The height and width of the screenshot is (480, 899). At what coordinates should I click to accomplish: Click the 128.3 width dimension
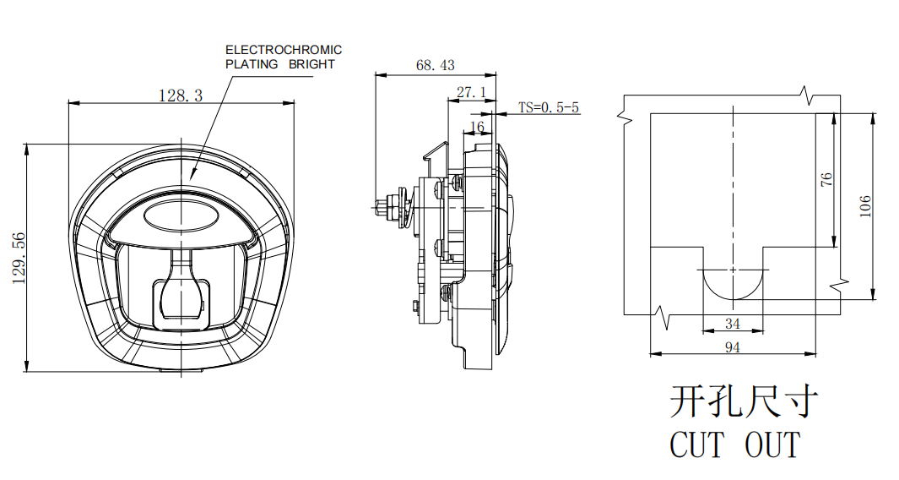(x=181, y=95)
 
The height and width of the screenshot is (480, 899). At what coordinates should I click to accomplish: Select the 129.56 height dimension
(x=19, y=259)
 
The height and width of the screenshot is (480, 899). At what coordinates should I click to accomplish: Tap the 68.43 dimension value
(x=435, y=65)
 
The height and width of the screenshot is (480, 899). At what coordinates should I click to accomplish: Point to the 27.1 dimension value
(x=471, y=91)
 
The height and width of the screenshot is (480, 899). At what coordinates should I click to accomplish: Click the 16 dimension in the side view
(x=477, y=127)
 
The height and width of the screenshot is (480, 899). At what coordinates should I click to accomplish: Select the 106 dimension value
(x=864, y=206)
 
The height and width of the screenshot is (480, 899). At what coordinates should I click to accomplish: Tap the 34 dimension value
(x=732, y=324)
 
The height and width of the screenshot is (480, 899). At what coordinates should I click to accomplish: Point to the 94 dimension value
(x=732, y=346)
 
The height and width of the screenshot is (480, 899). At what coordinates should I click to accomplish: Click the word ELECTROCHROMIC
(x=283, y=51)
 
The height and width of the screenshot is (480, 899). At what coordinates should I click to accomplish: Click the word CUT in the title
(x=697, y=445)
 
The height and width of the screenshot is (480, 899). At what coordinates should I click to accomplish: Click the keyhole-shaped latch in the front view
(x=181, y=292)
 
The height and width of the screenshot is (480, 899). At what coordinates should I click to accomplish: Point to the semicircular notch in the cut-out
(x=733, y=284)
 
